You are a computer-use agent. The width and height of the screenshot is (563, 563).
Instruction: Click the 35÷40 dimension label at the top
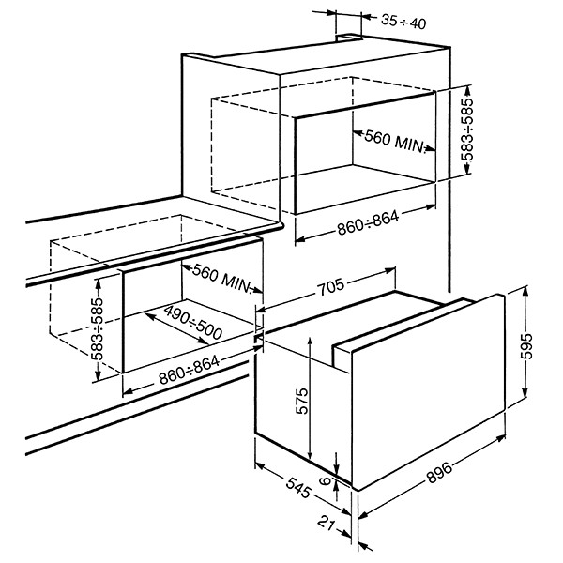[x=403, y=22]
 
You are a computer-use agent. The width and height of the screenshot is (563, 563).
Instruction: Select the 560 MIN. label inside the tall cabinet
[x=394, y=141]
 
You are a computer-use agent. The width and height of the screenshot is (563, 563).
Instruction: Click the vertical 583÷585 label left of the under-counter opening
[x=97, y=329]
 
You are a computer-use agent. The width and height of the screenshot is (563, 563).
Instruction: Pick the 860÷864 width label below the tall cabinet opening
[x=368, y=222]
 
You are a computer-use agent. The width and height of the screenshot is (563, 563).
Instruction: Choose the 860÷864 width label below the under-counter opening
[x=190, y=370]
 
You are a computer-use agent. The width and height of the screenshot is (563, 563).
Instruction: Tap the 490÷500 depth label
[x=193, y=322]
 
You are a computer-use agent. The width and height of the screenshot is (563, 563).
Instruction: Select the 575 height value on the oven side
[x=302, y=401]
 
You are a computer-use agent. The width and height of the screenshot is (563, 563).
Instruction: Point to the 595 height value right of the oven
[x=526, y=346]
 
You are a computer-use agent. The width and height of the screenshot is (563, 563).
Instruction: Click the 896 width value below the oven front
[x=439, y=472]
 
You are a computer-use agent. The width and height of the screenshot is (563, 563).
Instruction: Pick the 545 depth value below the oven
[x=298, y=488]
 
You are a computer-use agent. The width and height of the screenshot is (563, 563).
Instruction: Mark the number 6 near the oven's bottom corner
[x=325, y=480]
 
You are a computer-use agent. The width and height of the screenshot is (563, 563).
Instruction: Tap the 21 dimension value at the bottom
[x=327, y=524]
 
